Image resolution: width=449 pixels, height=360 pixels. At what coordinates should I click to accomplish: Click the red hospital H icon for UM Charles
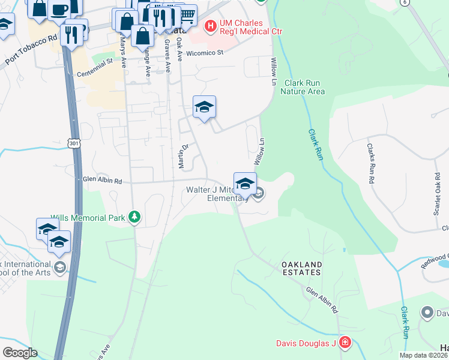[x=210, y=26]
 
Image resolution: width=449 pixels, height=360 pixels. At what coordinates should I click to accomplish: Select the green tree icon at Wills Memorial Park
[x=135, y=217]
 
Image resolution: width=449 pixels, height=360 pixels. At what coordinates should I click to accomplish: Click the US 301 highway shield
[x=73, y=143]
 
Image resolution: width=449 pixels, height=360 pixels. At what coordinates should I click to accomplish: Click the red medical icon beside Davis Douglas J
[x=345, y=343]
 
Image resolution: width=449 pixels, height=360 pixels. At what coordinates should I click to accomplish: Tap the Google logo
[x=19, y=353]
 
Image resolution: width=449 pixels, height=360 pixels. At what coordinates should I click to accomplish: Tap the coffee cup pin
[x=59, y=9]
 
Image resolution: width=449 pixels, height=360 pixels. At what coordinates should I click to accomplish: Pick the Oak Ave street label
[x=179, y=50]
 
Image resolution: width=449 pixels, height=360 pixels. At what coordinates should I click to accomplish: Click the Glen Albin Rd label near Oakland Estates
[x=322, y=299]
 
